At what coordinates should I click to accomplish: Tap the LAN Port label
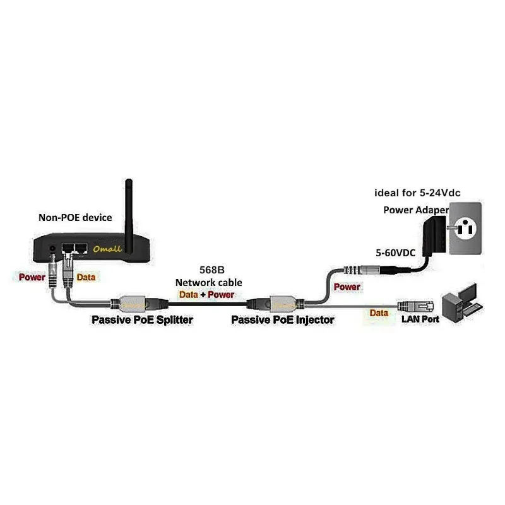coord(420,319)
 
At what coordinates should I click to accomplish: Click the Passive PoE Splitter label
coord(142,320)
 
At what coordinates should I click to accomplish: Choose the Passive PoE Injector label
coord(283,320)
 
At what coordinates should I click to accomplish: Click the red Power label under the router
coord(31,277)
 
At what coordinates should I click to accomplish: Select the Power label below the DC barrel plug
coord(347,287)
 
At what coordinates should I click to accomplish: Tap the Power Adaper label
coord(416,210)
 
